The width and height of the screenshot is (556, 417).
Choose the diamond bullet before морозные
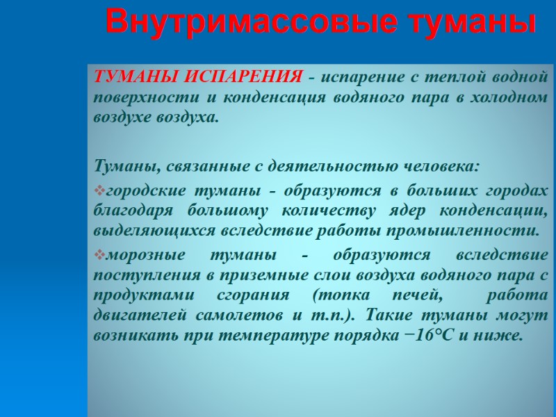(97, 254)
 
